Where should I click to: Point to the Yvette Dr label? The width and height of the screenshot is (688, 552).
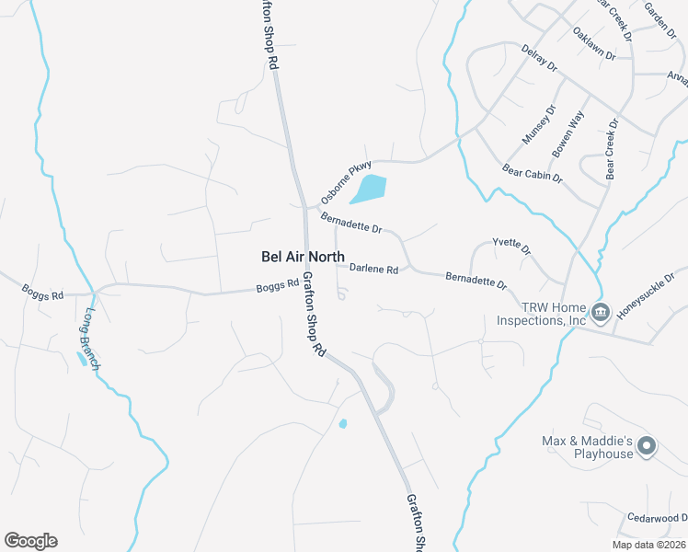[x=512, y=249]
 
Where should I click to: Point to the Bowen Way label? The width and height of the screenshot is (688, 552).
[x=568, y=132]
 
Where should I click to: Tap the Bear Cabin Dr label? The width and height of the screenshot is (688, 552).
[x=532, y=172]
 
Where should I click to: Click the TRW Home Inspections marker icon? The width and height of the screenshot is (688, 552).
[x=601, y=313]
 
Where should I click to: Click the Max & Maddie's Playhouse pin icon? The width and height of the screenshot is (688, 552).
[x=647, y=447]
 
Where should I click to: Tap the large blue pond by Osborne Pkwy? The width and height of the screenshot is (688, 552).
[x=368, y=189]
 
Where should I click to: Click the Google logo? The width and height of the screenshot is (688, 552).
[x=30, y=541]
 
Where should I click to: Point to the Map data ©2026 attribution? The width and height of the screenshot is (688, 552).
[x=648, y=545]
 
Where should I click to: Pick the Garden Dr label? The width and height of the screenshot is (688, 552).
[x=660, y=15]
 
